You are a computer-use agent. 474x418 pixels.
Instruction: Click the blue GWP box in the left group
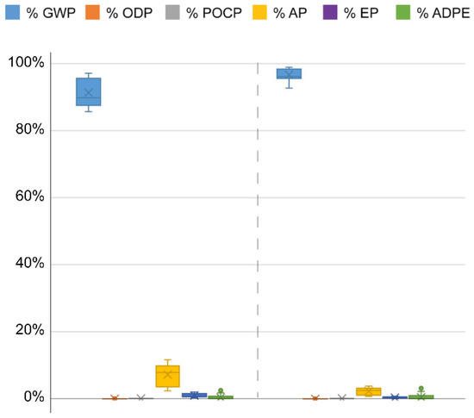pyautogui.click(x=88, y=91)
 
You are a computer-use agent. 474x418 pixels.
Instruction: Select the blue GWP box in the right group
pyautogui.click(x=289, y=73)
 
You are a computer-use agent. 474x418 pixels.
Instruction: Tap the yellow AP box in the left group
pyautogui.click(x=167, y=376)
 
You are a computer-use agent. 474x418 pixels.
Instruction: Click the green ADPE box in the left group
pyautogui.click(x=221, y=397)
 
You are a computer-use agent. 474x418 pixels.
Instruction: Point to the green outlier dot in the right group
pyautogui.click(x=421, y=389)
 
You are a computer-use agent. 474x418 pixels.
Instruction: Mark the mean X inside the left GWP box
pyautogui.click(x=88, y=93)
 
